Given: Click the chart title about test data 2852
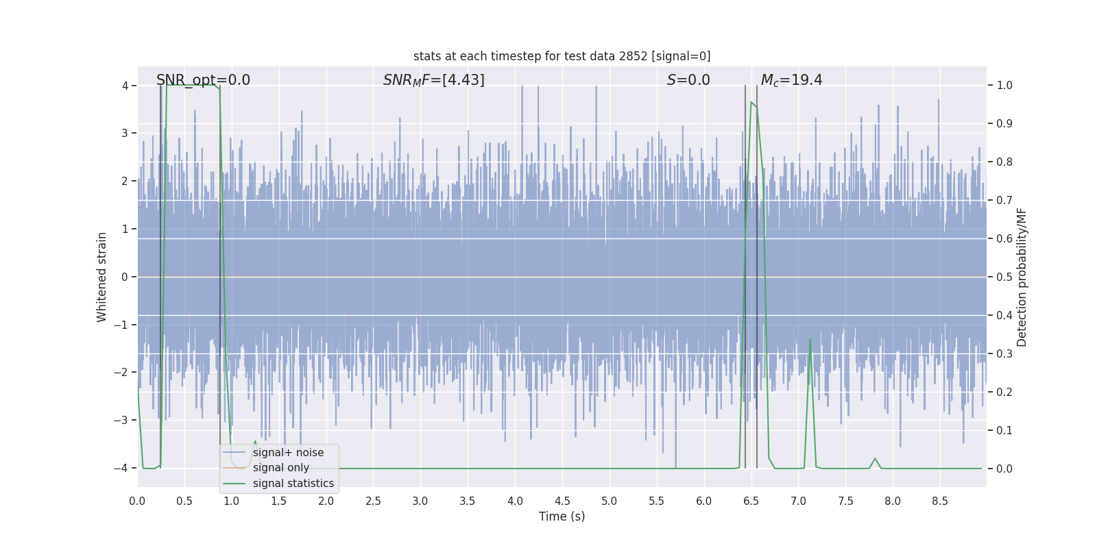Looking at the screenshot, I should (562, 56).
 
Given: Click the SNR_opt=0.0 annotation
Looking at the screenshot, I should (203, 80).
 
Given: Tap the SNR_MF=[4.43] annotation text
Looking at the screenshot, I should (433, 80).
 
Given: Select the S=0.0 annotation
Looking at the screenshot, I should (688, 80).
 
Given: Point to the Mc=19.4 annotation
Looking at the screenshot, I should (791, 80).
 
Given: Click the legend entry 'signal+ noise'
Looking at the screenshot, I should (288, 453).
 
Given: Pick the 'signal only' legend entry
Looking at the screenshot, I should (280, 468).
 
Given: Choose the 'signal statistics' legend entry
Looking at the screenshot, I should (293, 484).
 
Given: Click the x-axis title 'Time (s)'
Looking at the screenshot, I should (562, 516).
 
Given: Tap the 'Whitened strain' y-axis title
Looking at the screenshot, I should (102, 277).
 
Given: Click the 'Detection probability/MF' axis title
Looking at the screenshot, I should (1022, 277).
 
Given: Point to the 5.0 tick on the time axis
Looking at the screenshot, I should (609, 501).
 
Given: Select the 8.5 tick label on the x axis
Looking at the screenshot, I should (939, 501).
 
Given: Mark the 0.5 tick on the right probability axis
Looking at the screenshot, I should (1004, 277).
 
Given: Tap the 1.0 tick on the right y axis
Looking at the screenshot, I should (1004, 86).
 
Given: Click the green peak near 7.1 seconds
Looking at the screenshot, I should (810, 339).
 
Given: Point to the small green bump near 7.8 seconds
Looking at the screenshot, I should (875, 459).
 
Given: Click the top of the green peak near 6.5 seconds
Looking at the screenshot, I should (751, 103).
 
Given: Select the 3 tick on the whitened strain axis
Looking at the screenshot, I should (124, 133).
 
